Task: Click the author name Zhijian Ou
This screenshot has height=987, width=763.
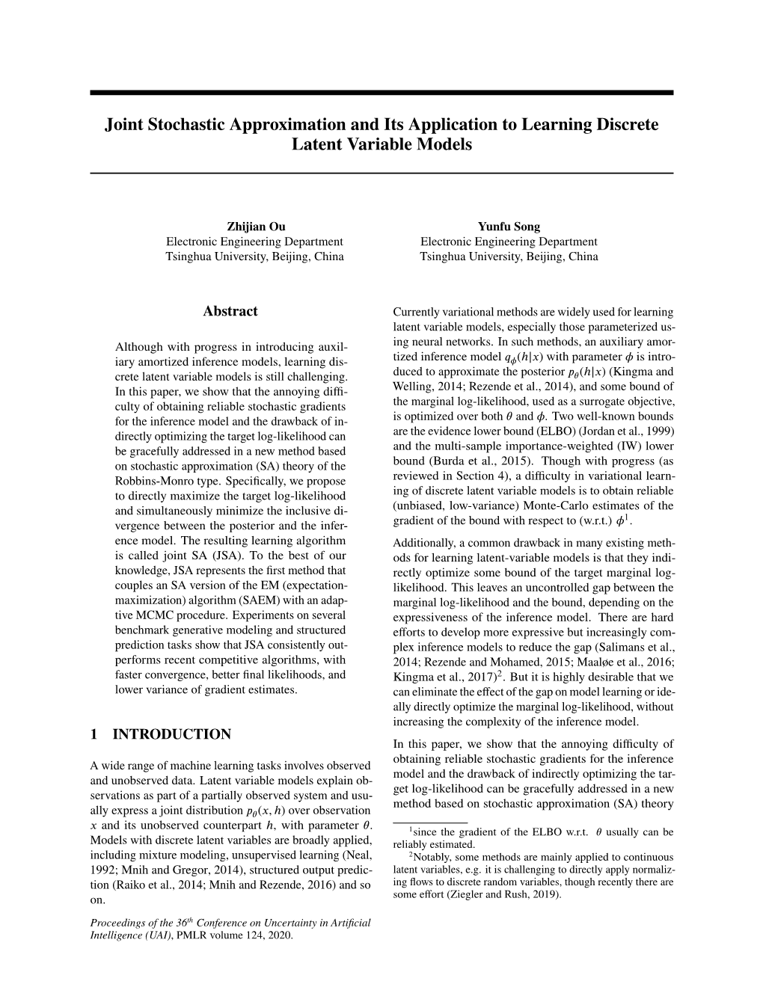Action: point(254,226)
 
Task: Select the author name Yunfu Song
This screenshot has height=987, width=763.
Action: point(509,226)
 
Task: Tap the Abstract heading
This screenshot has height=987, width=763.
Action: point(230,311)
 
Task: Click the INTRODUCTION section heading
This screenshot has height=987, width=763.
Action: point(171,734)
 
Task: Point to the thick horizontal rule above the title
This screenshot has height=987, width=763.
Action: point(381,93)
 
